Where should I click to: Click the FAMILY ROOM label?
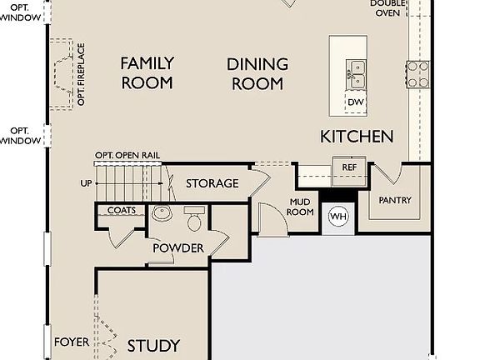tap(147, 72)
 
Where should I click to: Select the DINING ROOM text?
tap(257, 73)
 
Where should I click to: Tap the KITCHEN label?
tap(357, 136)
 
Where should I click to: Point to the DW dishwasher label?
tap(356, 102)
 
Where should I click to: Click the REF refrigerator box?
tap(348, 167)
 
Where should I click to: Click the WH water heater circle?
tap(337, 217)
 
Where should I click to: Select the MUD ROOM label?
tap(301, 207)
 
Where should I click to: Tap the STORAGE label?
tap(212, 183)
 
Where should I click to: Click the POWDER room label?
tap(177, 248)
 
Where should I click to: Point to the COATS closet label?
tap(122, 211)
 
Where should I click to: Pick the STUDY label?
tap(153, 346)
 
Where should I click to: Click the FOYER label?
tap(72, 342)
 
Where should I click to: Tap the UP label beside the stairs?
tap(86, 183)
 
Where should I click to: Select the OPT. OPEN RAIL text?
tap(127, 156)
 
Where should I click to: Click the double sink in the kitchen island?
tap(356, 74)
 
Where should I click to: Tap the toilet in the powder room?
tap(195, 219)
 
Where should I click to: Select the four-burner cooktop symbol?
tap(417, 72)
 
